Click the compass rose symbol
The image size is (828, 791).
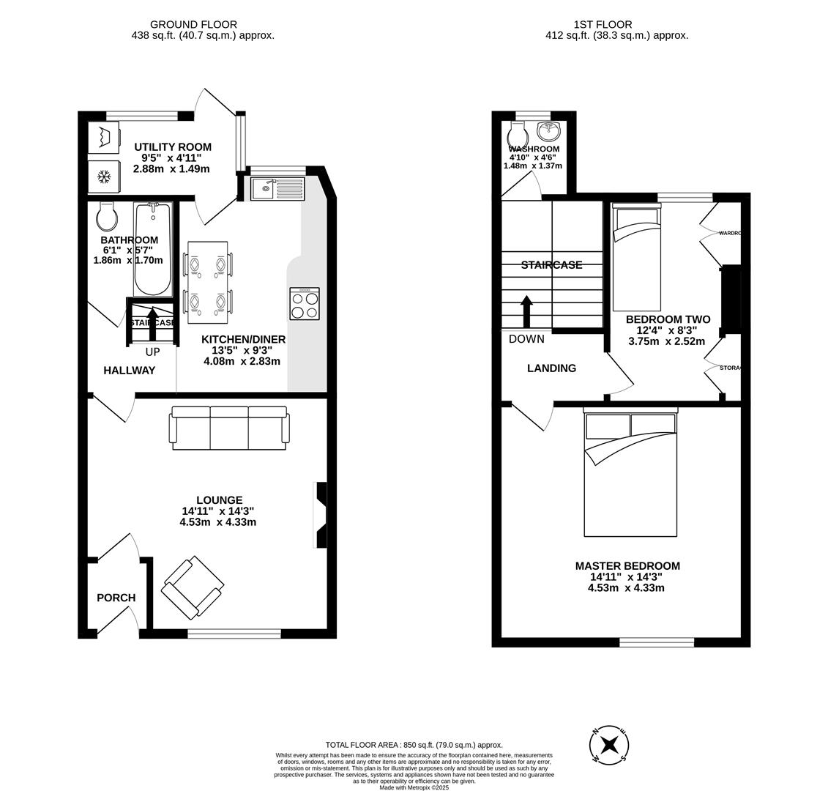(609, 746)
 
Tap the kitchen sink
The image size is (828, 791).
(277, 189)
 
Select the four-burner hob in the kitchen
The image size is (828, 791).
(305, 303)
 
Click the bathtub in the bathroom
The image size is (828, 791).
(153, 249)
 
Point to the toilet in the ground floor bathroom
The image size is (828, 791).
(107, 216)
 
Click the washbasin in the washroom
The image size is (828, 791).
(548, 132)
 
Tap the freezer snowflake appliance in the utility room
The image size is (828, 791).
(104, 177)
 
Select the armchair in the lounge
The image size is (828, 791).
(192, 587)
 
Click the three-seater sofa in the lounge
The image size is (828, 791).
(228, 428)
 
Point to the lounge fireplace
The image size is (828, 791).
(320, 515)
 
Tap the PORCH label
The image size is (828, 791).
(116, 598)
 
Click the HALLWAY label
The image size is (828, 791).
(129, 371)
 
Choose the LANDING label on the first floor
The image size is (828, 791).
(551, 368)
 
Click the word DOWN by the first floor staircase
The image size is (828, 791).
(526, 339)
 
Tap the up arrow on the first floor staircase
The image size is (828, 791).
(526, 311)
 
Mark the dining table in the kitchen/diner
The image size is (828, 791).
(208, 283)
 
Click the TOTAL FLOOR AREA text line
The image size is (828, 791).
(414, 745)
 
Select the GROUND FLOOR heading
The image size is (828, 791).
(193, 24)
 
